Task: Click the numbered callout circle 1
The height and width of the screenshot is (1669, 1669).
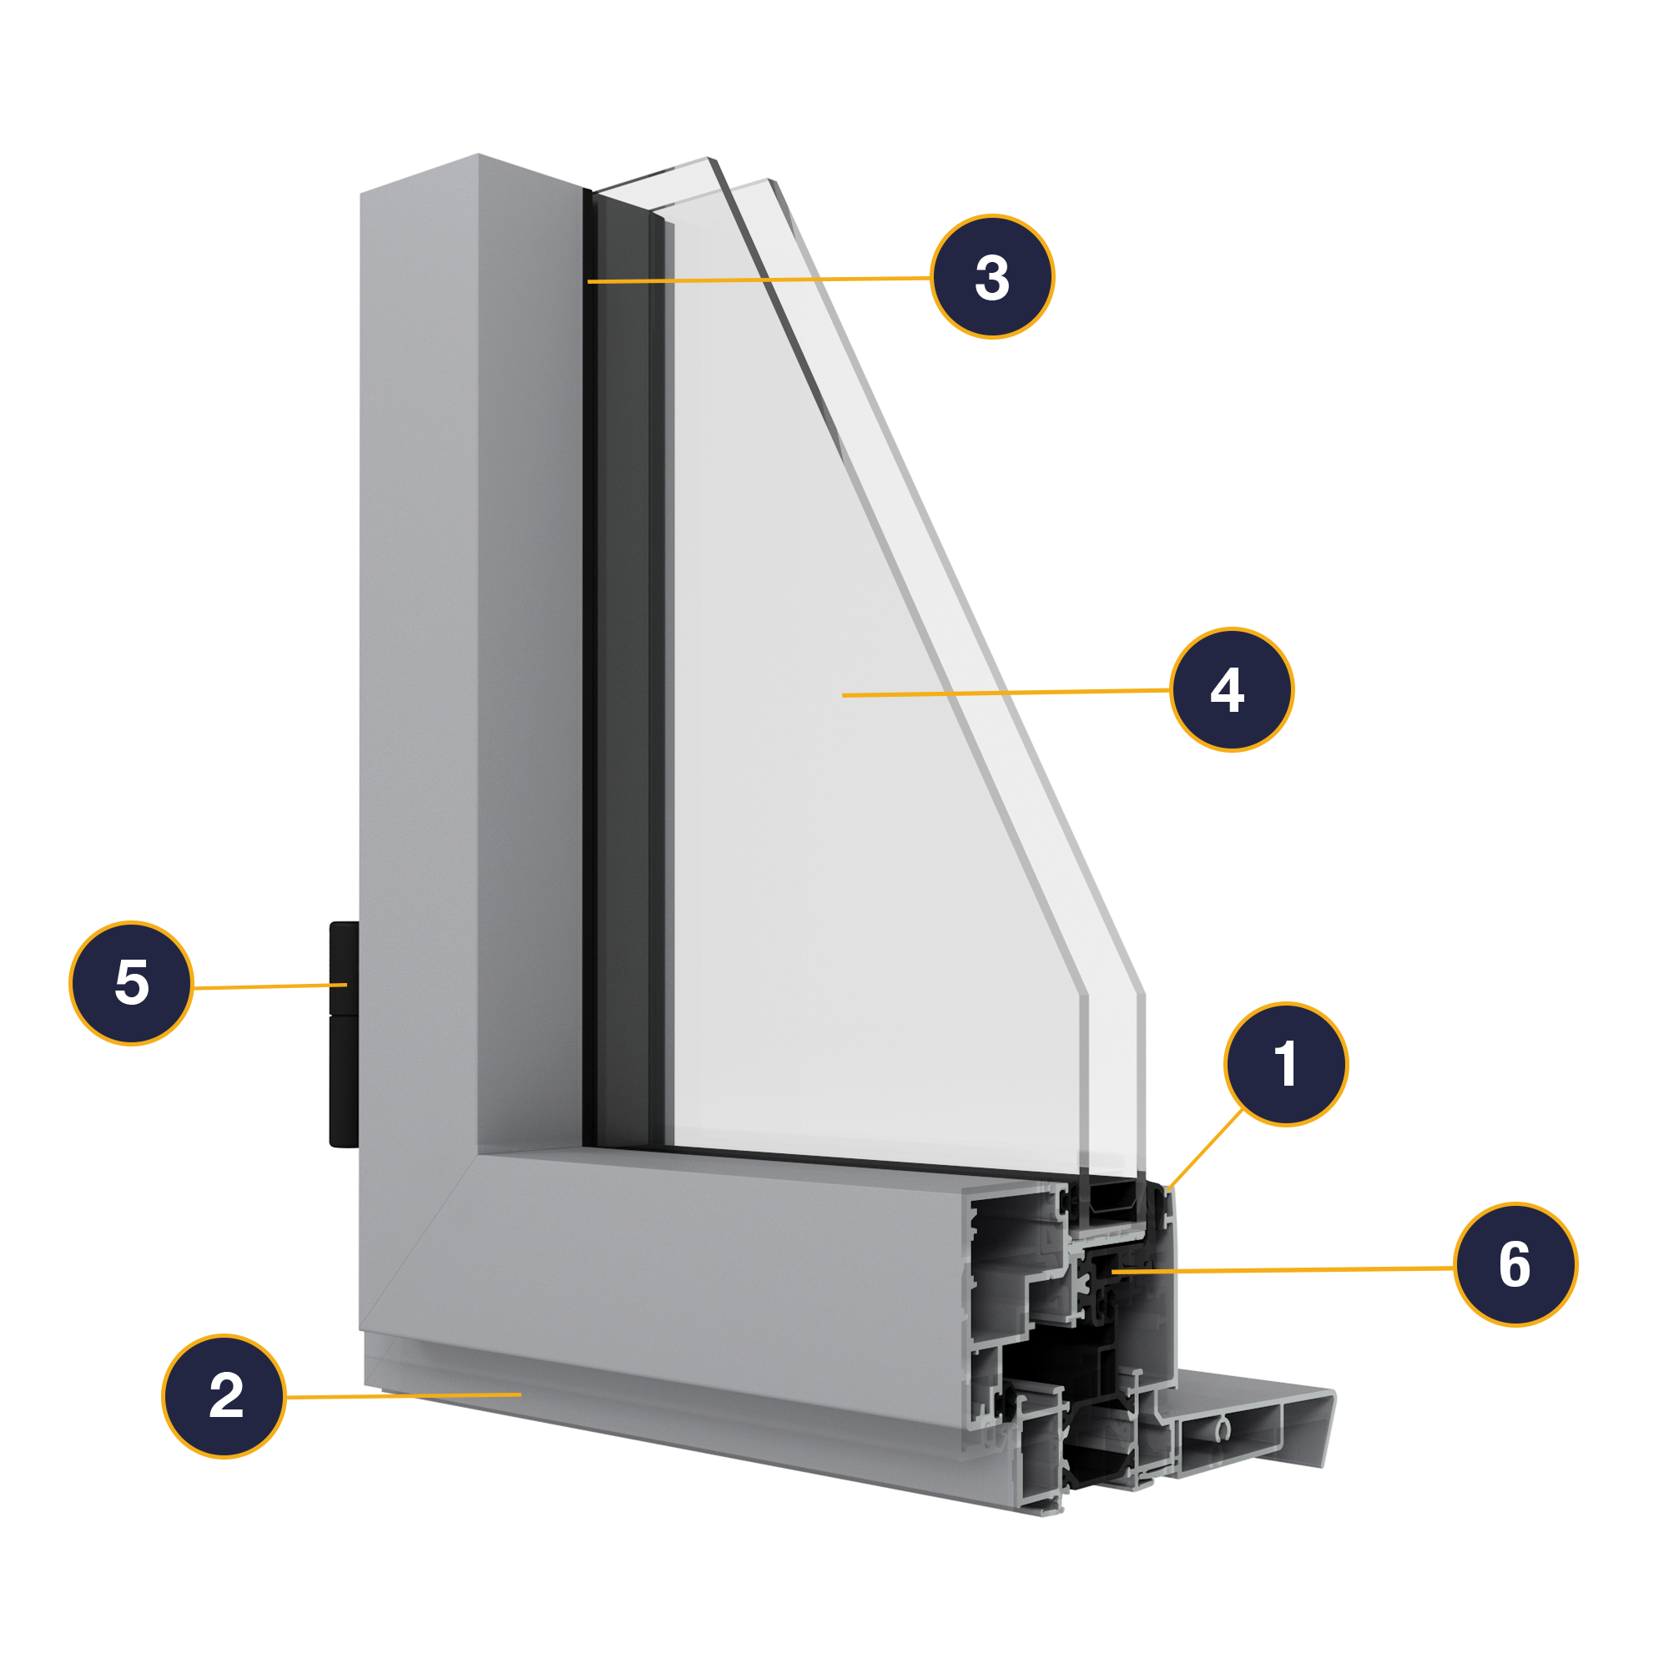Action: tap(1285, 1064)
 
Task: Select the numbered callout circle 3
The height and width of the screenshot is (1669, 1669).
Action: tap(991, 276)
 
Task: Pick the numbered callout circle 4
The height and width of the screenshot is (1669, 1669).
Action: tap(1231, 689)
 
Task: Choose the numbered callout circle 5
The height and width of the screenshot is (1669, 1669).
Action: tap(131, 983)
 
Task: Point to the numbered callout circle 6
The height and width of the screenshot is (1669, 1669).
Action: tap(1515, 1263)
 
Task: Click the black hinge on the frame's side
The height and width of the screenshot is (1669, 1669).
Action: tap(344, 1036)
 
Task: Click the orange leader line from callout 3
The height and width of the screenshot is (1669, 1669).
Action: tap(760, 280)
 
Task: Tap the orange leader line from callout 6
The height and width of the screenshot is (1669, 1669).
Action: tap(1278, 1269)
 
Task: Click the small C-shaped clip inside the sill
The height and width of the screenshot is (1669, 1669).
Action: tap(1223, 1429)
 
